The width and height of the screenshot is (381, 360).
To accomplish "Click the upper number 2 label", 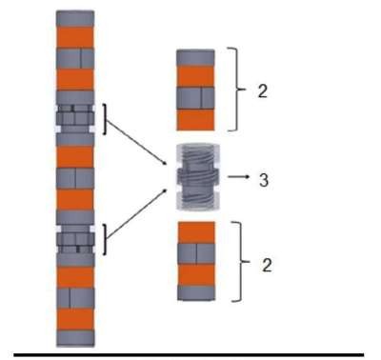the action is (263, 91).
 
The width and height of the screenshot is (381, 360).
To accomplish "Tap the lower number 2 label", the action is (267, 265).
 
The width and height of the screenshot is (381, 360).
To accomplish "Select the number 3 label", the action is (264, 180).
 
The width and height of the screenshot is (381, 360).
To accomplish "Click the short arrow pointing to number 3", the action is (239, 176).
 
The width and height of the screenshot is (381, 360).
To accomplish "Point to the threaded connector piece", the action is (198, 176).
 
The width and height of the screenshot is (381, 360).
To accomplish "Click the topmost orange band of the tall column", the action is (75, 37).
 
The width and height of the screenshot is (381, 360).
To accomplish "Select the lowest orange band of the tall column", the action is (75, 319).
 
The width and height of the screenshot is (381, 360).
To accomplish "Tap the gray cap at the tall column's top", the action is (75, 19).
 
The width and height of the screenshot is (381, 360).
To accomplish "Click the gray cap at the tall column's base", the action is (75, 338).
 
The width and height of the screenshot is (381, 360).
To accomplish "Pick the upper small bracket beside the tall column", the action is (105, 119).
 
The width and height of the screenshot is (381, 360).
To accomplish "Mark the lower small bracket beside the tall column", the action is (105, 239).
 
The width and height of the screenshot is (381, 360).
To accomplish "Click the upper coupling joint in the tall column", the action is (75, 118).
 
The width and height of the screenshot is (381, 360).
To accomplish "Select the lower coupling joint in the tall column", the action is (75, 239).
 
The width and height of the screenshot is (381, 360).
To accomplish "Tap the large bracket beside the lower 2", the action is (242, 261).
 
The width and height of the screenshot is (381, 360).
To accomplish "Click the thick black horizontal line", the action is (189, 355).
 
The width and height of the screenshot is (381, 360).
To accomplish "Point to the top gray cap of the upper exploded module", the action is (195, 58).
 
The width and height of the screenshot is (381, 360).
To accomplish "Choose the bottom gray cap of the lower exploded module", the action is (196, 292).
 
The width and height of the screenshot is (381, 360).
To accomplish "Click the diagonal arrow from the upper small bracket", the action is (137, 143).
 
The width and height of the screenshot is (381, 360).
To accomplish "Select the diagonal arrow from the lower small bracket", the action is (137, 213).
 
